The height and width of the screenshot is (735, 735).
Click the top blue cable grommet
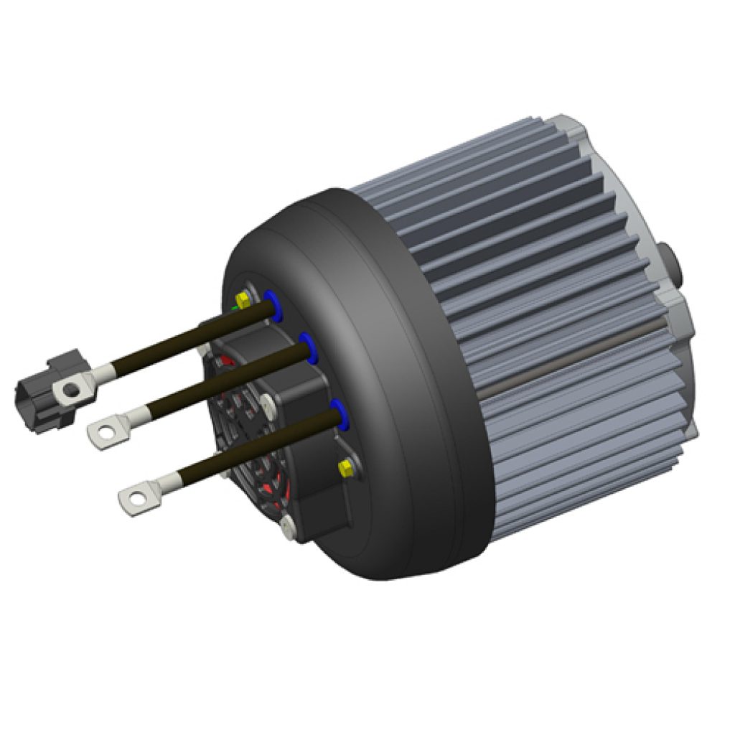click(x=272, y=304)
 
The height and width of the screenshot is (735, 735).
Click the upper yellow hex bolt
click(x=243, y=299)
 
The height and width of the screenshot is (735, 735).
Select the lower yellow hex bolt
click(x=345, y=468)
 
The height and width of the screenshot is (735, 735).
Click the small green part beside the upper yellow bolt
click(x=234, y=306)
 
